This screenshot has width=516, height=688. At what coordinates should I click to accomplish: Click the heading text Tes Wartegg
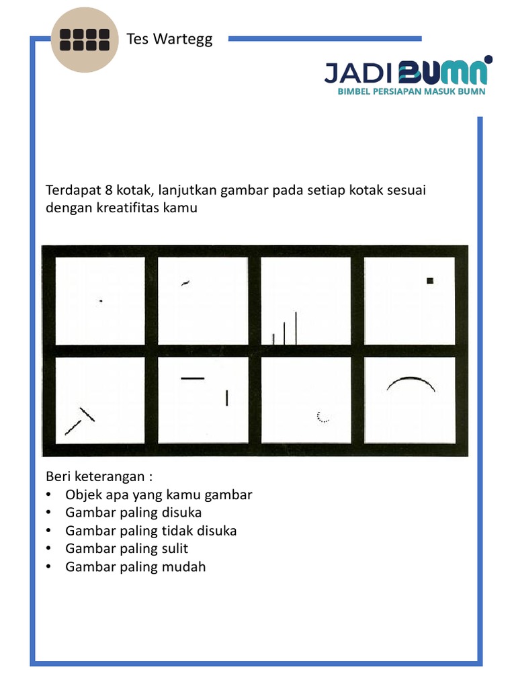point(169,39)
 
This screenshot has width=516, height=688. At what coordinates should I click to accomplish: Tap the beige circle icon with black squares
point(85,40)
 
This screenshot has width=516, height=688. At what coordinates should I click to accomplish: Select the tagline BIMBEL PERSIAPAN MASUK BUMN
point(411,91)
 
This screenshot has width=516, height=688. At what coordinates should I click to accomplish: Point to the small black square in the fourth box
point(430,281)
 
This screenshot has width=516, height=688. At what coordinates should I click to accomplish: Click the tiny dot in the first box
point(101,301)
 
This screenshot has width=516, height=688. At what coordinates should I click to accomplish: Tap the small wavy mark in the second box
point(185,283)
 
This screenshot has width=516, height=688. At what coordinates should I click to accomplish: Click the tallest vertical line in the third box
point(296,328)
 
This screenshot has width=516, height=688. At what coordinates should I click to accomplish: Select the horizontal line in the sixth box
point(192,378)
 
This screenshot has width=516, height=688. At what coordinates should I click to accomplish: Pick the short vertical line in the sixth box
point(227,398)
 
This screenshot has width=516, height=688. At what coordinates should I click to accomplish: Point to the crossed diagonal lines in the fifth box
point(80,421)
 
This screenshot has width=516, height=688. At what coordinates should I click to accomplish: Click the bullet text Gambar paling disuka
point(133,513)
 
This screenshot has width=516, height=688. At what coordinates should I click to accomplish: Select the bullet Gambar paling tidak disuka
point(150,531)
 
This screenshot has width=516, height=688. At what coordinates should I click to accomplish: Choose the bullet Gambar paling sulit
point(126,548)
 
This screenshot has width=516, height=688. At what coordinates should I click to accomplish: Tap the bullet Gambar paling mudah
point(135,566)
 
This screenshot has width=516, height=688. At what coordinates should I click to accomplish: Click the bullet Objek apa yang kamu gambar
point(159,495)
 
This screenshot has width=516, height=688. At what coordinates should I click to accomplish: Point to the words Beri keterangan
point(99,476)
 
